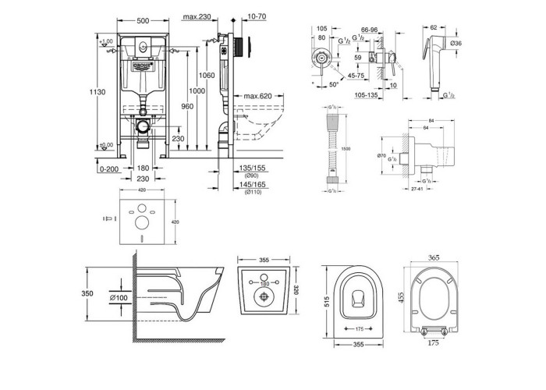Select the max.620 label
pyautogui.click(x=257, y=96)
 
